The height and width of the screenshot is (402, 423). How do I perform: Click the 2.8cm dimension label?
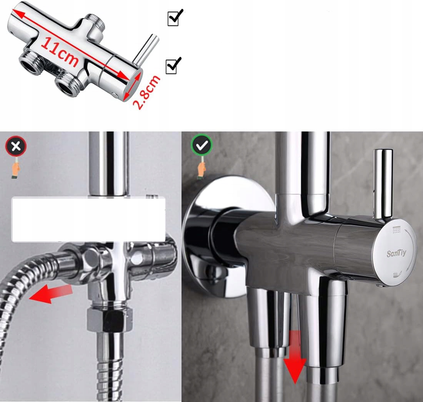click(147, 92)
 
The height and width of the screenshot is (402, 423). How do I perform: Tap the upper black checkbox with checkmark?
click(175, 18)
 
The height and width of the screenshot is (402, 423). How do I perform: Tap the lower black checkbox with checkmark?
click(173, 65)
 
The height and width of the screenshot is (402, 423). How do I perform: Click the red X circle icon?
click(16, 146)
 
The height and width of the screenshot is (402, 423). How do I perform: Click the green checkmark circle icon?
click(202, 146)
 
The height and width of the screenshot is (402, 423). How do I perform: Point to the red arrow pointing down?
click(295, 357)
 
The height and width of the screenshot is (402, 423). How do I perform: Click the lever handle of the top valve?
click(146, 49)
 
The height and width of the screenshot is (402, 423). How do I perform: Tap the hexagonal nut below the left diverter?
click(110, 320)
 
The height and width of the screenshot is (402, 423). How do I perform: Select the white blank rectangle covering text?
click(88, 219)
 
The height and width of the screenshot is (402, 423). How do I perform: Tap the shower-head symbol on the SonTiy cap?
click(396, 230)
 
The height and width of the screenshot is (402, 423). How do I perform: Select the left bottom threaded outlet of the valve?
click(32, 61)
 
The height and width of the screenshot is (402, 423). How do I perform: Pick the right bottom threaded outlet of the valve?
click(67, 85)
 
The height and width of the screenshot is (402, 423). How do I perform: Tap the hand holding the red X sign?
click(16, 170)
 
